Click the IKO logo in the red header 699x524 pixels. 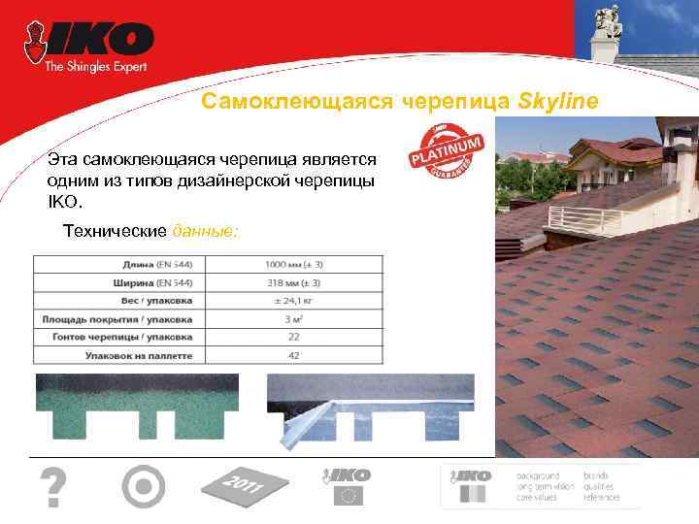coord(97,40)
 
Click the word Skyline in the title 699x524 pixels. coord(568,102)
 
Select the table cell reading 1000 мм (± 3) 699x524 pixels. coord(293,264)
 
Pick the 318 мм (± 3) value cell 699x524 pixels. coord(293,282)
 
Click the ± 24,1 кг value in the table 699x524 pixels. coord(293,301)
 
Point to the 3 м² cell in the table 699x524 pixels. coord(293,319)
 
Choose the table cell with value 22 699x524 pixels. coord(293,337)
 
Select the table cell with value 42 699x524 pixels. coord(293,355)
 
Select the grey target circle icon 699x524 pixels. coord(144,486)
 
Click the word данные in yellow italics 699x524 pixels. coord(204,233)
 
